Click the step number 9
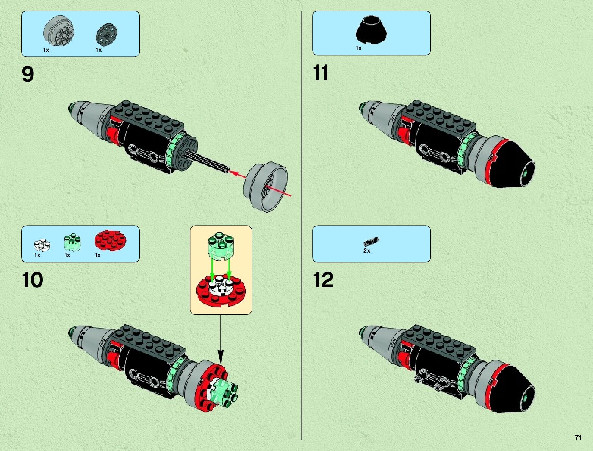point(28,74)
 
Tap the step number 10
point(33,280)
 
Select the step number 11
point(321,73)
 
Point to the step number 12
point(323,280)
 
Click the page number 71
point(578,438)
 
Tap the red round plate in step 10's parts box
point(110,240)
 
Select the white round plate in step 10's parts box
point(42,245)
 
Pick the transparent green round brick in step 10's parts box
point(72,243)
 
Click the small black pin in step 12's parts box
point(371,241)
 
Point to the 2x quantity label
point(366,251)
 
